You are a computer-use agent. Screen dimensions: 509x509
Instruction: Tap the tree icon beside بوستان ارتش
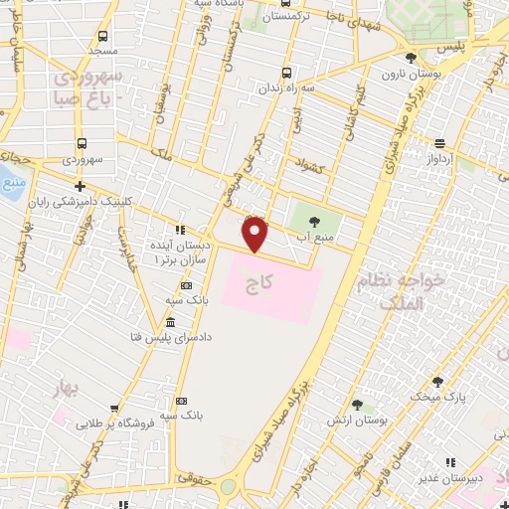pyautogui.click(x=357, y=406)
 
